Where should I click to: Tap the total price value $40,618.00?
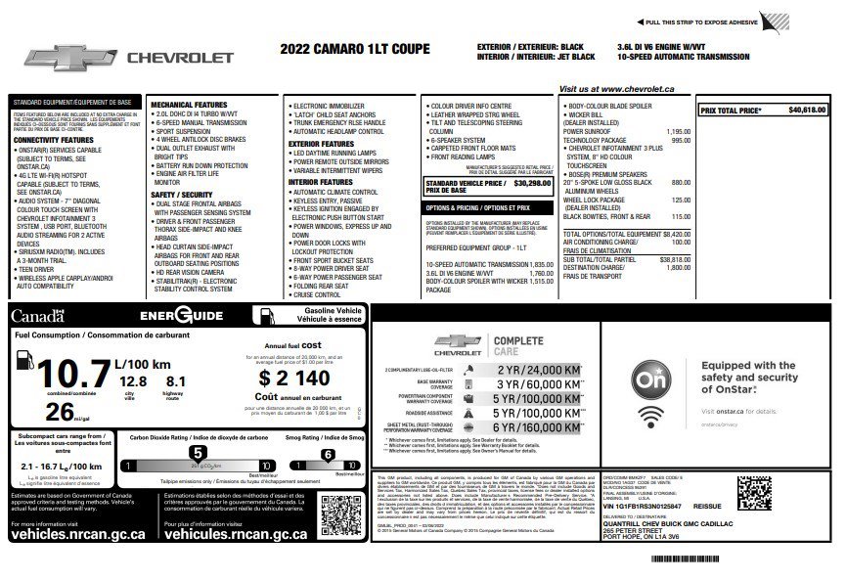click(x=807, y=111)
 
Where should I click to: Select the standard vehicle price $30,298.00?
click(x=532, y=183)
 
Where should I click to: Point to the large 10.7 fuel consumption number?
click(x=60, y=376)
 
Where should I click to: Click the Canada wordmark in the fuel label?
click(x=37, y=316)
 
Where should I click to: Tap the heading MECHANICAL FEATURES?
click(x=189, y=105)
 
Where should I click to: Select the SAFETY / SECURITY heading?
click(x=182, y=195)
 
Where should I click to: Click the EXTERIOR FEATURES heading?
click(x=320, y=144)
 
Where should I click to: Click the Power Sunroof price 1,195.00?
click(x=678, y=131)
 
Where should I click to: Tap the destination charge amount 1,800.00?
click(x=678, y=267)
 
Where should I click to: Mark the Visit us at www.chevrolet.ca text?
click(x=619, y=89)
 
